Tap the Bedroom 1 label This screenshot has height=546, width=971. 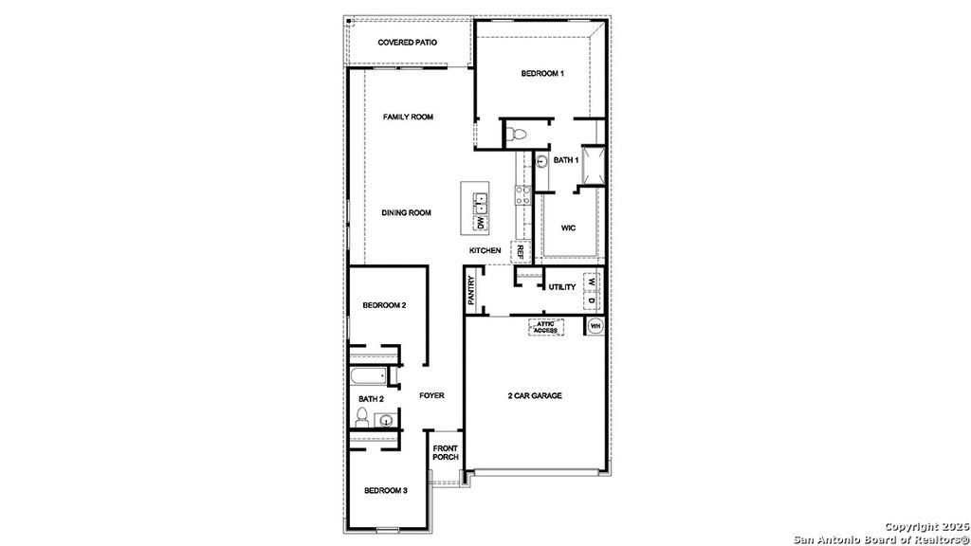point(542,74)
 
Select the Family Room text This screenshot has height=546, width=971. point(408,118)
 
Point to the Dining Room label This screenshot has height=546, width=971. point(406,213)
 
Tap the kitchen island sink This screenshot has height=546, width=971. point(480,201)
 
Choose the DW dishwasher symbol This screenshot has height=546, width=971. point(480,223)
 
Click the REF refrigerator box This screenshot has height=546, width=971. point(521,252)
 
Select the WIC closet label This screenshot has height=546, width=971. point(569,228)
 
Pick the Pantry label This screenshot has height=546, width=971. point(471,290)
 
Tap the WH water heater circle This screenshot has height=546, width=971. point(595,326)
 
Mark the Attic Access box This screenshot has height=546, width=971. point(545,326)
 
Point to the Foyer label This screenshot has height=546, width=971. point(431,395)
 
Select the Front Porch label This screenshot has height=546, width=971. point(446,452)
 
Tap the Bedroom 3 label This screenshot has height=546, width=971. point(386,491)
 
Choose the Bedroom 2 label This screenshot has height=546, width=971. point(384,305)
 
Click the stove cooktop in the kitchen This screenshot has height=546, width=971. point(522,196)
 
